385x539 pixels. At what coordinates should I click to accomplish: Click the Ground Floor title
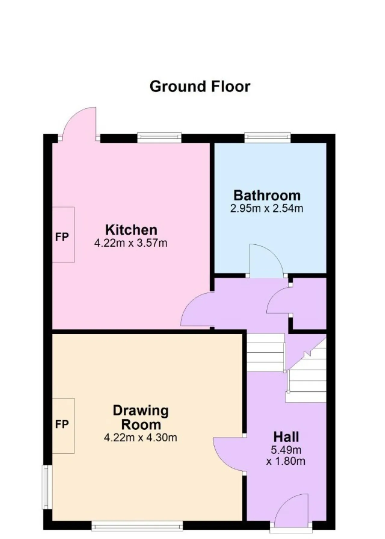point(200,87)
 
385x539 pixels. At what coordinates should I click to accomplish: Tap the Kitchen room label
point(131,230)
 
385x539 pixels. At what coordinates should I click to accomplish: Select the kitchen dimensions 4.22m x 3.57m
point(131,243)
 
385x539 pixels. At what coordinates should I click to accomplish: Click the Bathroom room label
point(267,195)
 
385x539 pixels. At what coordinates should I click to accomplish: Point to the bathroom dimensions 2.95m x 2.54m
point(267,208)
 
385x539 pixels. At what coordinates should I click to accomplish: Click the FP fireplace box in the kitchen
point(63,235)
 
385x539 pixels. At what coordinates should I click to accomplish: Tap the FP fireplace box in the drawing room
point(63,426)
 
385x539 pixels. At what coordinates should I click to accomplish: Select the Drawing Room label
point(141,418)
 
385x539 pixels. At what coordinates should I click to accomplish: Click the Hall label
point(286,437)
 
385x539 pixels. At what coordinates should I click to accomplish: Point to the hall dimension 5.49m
point(286,450)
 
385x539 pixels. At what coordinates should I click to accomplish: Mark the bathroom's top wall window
point(268,138)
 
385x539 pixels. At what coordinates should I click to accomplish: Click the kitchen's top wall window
point(159,138)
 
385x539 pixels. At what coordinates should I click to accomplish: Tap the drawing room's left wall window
point(47,487)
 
